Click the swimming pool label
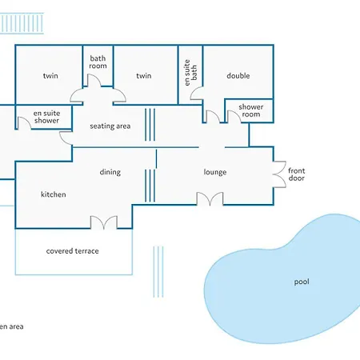click(x=302, y=282)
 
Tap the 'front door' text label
click(x=297, y=174)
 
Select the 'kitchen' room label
click(x=54, y=194)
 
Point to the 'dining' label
click(x=110, y=172)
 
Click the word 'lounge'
click(x=215, y=172)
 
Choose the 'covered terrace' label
click(x=72, y=251)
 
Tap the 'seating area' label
click(x=110, y=126)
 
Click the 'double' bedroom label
click(x=238, y=76)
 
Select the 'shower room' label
click(x=251, y=110)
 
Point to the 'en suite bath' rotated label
click(x=190, y=73)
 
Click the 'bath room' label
click(x=98, y=62)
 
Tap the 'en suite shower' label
click(x=46, y=117)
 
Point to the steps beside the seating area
click(x=150, y=125)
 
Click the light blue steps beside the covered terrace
click(x=158, y=272)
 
